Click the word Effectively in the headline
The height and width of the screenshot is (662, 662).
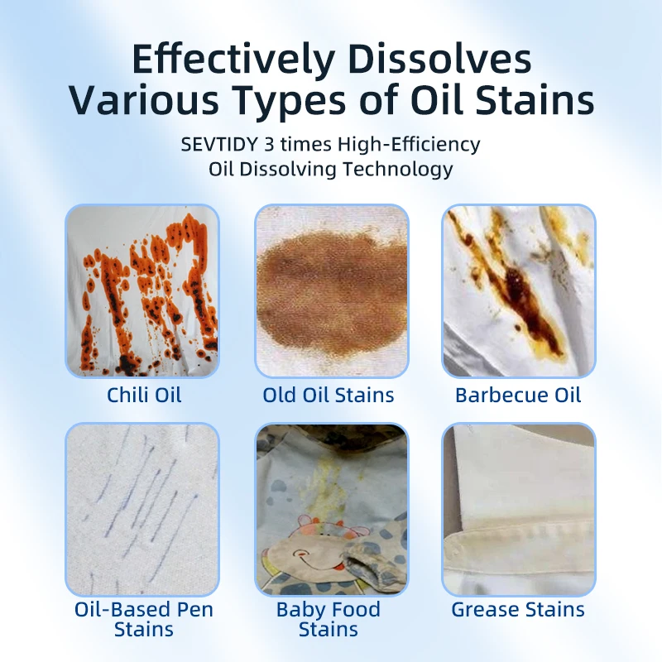point(233,60)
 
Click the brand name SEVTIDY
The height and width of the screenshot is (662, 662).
point(218,144)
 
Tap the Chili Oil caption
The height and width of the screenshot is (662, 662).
point(144,395)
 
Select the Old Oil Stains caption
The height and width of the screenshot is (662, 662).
point(329,395)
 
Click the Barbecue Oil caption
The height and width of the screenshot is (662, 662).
point(518,395)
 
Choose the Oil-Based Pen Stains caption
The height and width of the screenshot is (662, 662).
point(144,619)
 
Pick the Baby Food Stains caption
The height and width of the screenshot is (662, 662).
point(329,619)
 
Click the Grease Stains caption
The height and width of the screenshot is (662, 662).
point(518,611)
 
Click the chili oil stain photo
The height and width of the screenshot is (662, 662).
point(142,290)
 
